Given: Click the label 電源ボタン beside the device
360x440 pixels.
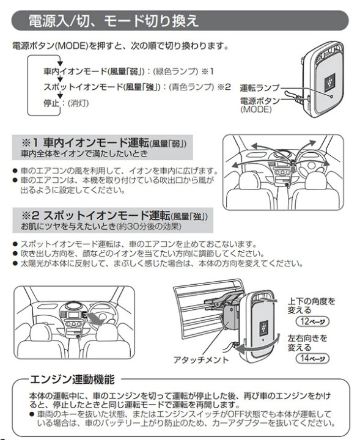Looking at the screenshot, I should tap(260, 100).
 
